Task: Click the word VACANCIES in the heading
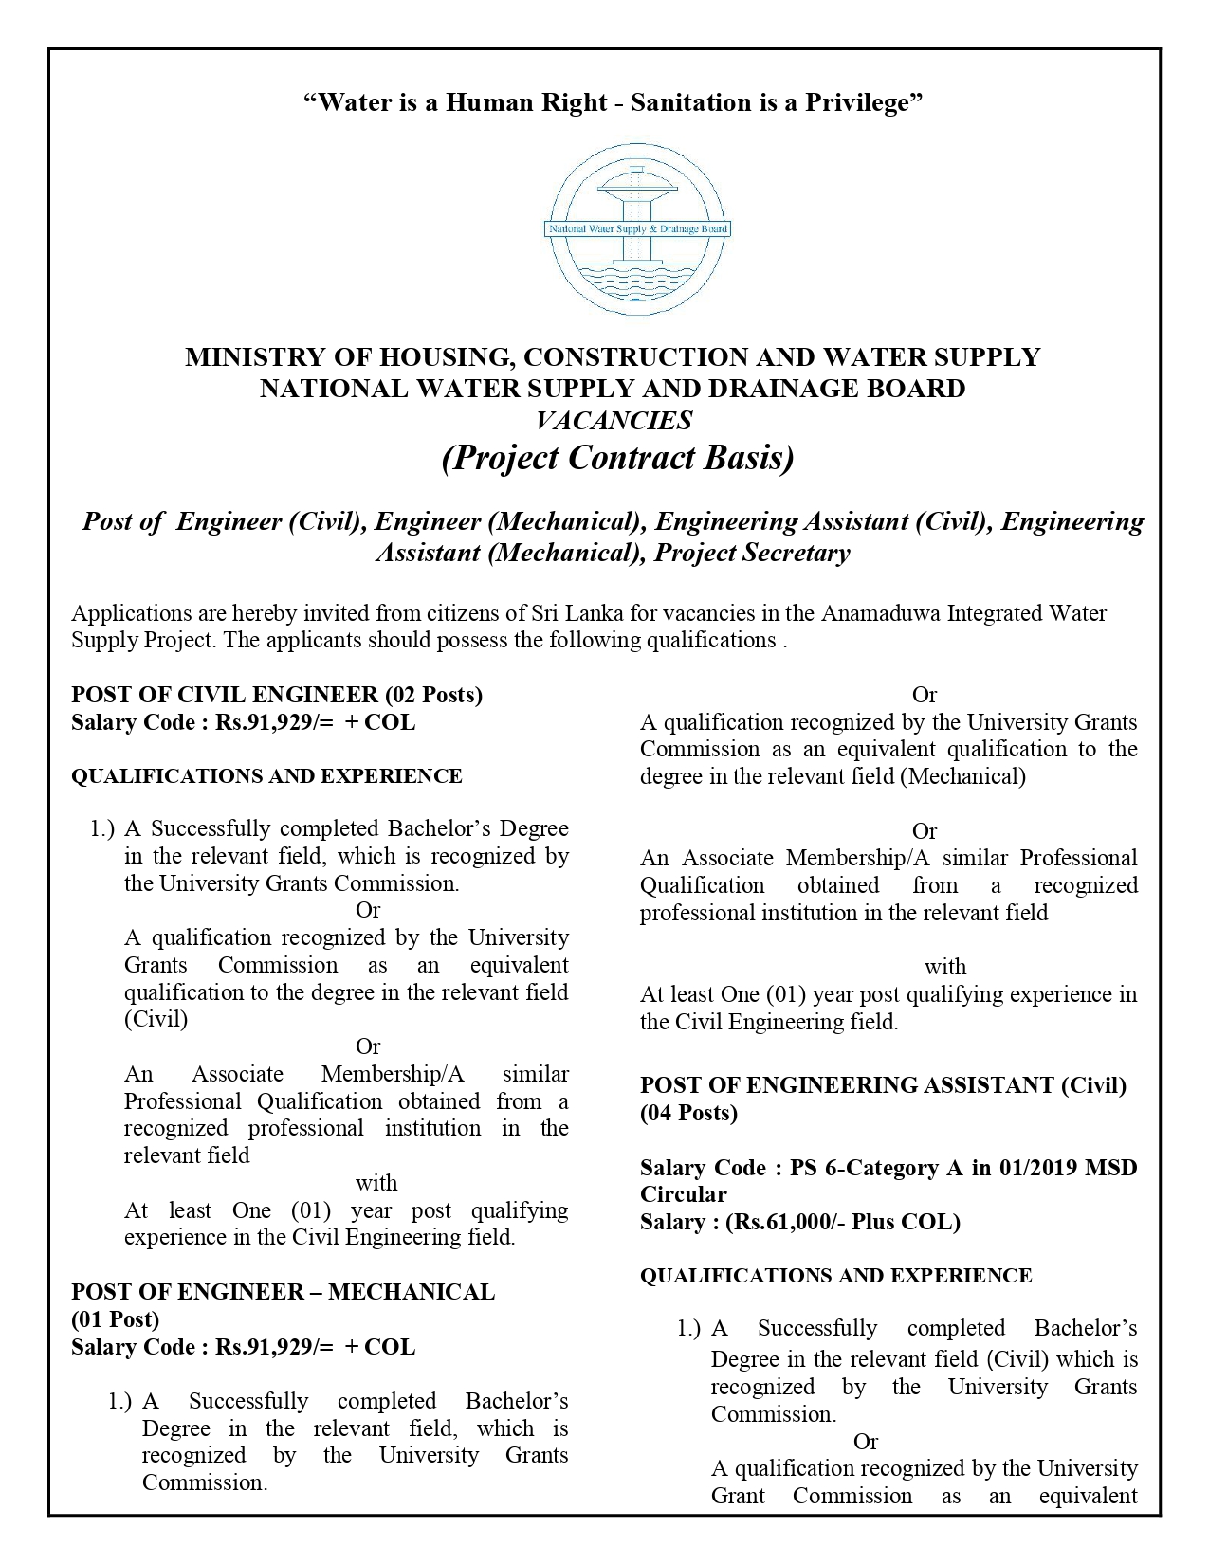pos(614,420)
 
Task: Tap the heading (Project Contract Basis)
pos(617,458)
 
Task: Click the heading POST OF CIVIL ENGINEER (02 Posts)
pos(277,695)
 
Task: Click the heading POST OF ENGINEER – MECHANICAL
pos(283,1292)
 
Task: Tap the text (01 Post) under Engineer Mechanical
pos(115,1319)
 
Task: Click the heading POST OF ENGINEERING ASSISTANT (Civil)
pos(883,1085)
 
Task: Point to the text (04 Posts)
pos(688,1113)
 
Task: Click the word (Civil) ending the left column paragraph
pos(156,1019)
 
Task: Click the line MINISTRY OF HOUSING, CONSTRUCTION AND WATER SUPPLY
pos(613,357)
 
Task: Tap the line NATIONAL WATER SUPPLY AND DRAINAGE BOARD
pos(613,389)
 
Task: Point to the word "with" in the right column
pos(945,967)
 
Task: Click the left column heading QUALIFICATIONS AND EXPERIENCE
pos(266,776)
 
